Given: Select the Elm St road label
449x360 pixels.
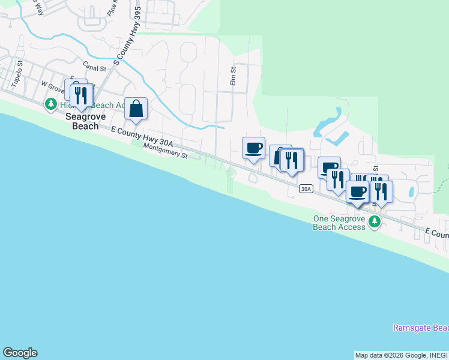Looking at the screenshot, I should (x=234, y=76).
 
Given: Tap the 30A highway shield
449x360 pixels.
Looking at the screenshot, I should (x=306, y=188).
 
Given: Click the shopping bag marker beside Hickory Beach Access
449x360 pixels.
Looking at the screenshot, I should (x=136, y=109).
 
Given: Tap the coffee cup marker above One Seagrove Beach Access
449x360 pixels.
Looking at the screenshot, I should (x=358, y=192).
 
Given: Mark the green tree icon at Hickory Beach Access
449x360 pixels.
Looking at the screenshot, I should (x=51, y=105).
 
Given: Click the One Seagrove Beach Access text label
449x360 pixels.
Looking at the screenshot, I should (x=339, y=223).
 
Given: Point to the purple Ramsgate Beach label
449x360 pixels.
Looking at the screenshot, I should (x=420, y=328).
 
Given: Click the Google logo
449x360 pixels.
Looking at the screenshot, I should (x=20, y=353).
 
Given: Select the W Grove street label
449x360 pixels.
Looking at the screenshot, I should (x=53, y=87).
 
